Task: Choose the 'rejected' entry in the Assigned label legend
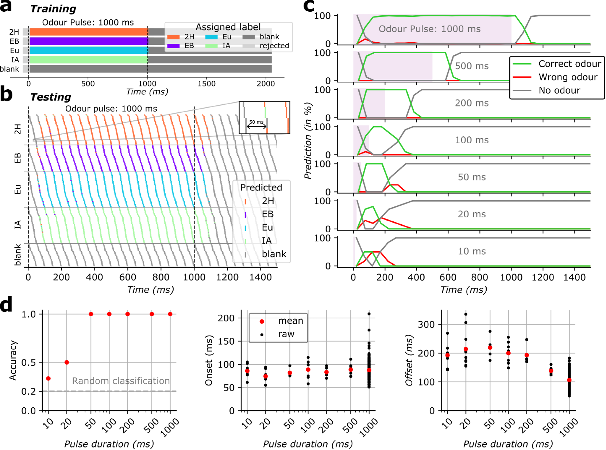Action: coord(274,46)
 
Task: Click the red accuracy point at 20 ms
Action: coord(67,362)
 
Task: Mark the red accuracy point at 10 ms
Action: coord(49,379)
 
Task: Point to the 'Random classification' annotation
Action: coord(121,381)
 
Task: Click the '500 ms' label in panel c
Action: coord(471,66)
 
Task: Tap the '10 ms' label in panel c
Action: coord(471,251)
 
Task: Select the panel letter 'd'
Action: coord(6,304)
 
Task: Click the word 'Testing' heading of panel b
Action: coord(50,97)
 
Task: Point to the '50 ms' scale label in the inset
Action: coord(256,122)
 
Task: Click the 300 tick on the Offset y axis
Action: coord(426,325)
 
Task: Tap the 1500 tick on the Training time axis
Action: coord(206,84)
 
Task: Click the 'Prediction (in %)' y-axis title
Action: coord(308,141)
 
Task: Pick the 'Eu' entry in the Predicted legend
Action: coord(267,228)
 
